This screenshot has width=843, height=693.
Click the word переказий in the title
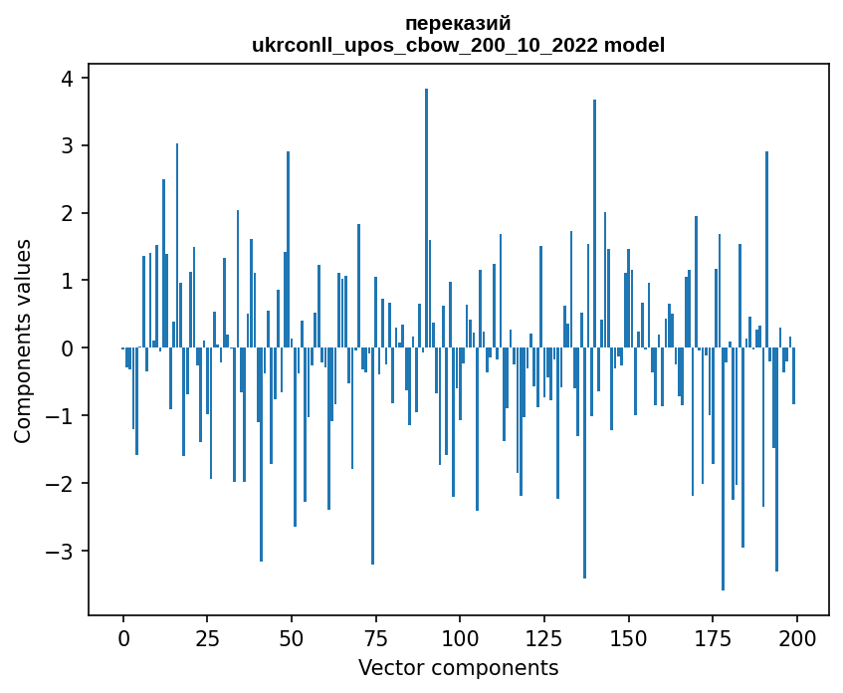pyautogui.click(x=459, y=23)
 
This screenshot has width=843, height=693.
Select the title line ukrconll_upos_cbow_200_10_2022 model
pyautogui.click(x=459, y=45)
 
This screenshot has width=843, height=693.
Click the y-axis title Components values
pyautogui.click(x=22, y=341)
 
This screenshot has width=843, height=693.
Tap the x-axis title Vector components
pyautogui.click(x=459, y=667)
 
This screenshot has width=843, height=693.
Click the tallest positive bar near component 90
pyautogui.click(x=426, y=219)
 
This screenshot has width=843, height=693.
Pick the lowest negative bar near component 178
pyautogui.click(x=723, y=468)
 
